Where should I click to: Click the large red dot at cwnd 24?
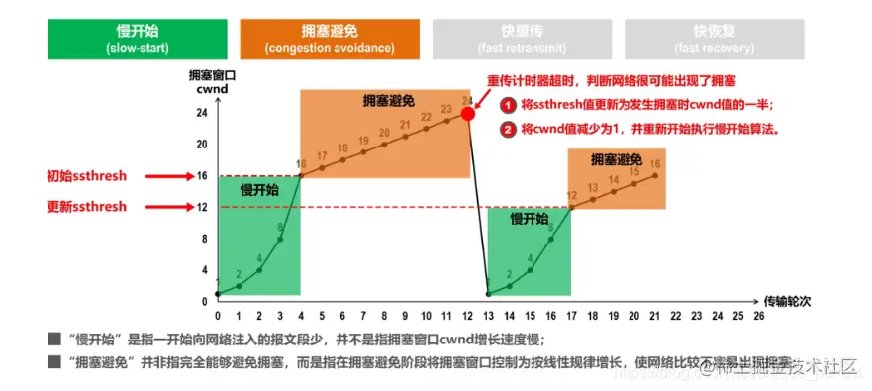(468, 113)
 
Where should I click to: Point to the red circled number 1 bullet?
(507, 105)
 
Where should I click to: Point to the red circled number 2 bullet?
(507, 129)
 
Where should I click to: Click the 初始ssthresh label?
(87, 176)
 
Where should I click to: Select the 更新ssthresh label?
(87, 207)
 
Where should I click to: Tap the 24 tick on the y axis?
(202, 113)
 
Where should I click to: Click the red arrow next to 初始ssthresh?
(183, 176)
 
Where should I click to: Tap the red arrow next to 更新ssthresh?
(183, 207)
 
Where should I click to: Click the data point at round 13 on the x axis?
(489, 294)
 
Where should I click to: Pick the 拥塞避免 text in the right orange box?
(617, 158)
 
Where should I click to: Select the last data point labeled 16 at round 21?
(655, 175)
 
